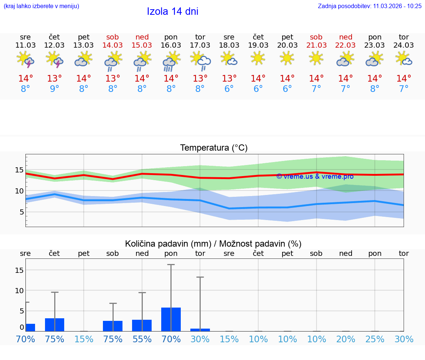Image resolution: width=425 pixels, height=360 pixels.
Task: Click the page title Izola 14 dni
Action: (x=173, y=11)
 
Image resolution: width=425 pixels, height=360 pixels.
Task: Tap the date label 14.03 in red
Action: (x=113, y=45)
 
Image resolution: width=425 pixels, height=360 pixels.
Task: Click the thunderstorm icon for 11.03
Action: (x=25, y=60)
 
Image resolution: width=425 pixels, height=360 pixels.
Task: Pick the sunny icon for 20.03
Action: (x=287, y=58)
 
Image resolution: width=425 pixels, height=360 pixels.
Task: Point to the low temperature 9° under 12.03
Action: (x=55, y=89)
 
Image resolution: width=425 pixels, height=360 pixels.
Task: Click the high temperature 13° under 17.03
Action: (x=200, y=79)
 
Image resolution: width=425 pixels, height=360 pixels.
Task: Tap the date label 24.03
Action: (x=404, y=45)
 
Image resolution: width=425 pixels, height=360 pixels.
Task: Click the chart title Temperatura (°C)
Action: (x=214, y=148)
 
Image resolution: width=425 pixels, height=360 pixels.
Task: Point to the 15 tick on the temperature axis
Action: (x=19, y=170)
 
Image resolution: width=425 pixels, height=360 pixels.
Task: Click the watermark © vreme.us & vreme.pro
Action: (x=315, y=176)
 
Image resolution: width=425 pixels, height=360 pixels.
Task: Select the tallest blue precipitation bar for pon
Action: (x=171, y=319)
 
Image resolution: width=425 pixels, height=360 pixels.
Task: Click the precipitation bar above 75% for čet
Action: (x=55, y=325)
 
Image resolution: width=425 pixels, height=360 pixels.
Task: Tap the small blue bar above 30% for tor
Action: (x=200, y=330)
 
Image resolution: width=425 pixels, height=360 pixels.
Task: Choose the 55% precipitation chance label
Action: (x=142, y=339)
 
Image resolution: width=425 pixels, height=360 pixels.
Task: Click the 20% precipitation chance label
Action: (x=346, y=339)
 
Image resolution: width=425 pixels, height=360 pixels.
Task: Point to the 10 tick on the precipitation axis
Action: (x=19, y=291)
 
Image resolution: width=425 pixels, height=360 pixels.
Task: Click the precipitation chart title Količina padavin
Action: (x=213, y=244)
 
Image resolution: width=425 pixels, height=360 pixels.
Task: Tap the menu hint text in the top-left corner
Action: (x=41, y=6)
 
